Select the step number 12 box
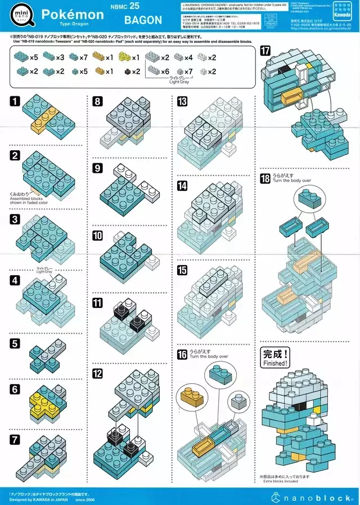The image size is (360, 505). (x=98, y=373)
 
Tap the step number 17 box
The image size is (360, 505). (x=265, y=51)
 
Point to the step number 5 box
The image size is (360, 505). (x=15, y=343)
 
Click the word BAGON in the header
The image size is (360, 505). (x=143, y=20)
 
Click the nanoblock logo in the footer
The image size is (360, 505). (x=312, y=497)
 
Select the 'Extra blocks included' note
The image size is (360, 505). (x=280, y=480)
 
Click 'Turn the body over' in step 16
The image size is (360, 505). (x=209, y=357)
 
